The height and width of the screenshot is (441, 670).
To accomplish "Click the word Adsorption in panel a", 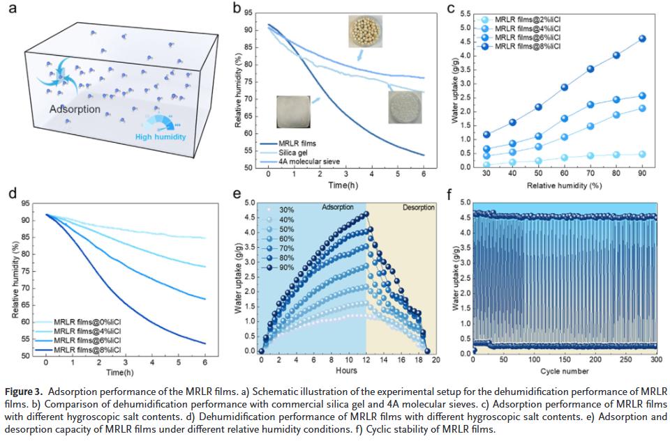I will pyautogui.click(x=74, y=109).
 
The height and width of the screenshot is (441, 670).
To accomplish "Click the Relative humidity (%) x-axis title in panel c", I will pyautogui.click(x=564, y=186).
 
